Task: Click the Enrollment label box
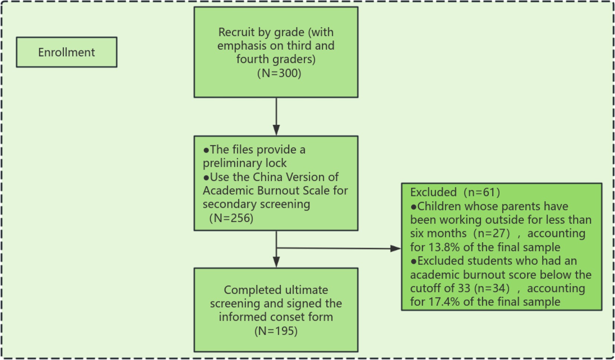67,52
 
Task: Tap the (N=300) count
279,73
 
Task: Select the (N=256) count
231,218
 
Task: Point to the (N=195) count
276,331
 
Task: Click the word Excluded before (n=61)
433,192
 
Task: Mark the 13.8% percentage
445,247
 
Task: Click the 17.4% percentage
445,302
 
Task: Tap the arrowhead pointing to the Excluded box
396,248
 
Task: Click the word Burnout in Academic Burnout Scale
276,190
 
